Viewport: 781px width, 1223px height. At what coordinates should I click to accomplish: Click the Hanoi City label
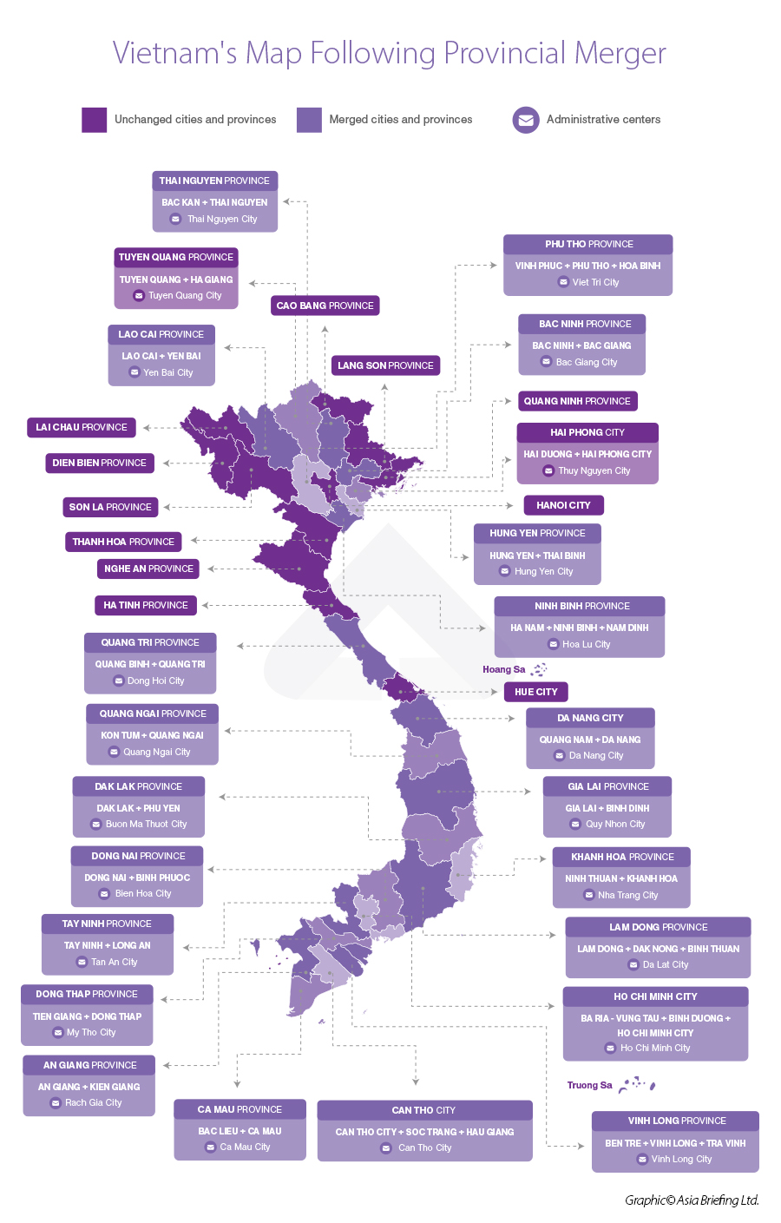click(563, 505)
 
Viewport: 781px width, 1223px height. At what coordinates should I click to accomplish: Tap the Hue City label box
click(535, 692)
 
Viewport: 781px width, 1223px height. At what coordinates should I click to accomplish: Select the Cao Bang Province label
click(325, 306)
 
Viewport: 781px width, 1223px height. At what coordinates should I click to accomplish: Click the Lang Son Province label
click(385, 365)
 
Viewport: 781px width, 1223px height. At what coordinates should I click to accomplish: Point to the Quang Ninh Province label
click(577, 401)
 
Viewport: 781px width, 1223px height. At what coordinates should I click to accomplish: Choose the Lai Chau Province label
click(82, 427)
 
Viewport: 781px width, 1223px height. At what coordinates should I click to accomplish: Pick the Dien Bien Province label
click(99, 463)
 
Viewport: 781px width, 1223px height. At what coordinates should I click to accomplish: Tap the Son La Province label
click(110, 507)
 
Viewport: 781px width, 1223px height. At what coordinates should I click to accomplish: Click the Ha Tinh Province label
click(146, 605)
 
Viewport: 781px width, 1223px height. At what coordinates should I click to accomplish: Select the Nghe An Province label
click(148, 569)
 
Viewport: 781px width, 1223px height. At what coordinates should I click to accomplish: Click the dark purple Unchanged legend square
click(94, 120)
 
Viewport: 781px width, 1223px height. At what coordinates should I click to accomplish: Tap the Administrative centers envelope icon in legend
click(526, 120)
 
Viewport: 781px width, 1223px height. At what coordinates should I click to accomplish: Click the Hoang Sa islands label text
click(503, 669)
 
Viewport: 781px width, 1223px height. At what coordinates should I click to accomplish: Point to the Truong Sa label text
click(589, 1085)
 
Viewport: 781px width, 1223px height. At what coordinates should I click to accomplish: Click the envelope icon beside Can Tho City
click(386, 1148)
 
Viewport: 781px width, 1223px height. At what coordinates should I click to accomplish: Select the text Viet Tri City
click(595, 282)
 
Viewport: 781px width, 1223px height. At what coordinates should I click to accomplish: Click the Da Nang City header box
click(590, 718)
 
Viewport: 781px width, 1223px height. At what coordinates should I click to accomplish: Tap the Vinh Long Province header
click(676, 1121)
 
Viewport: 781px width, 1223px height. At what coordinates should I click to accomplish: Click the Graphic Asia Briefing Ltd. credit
click(692, 1200)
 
